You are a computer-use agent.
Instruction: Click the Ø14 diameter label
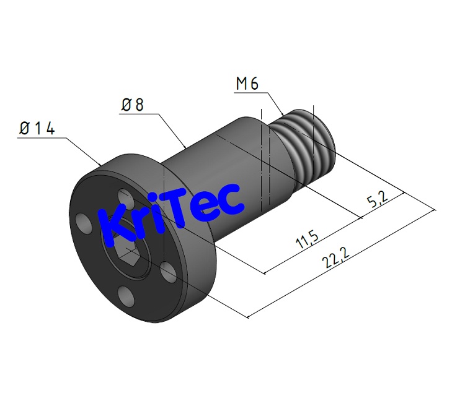coord(37,129)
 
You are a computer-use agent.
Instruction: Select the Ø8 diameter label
coord(132,105)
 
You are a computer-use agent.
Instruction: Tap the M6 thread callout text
coord(247,84)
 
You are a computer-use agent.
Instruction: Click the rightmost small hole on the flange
coord(166,269)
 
